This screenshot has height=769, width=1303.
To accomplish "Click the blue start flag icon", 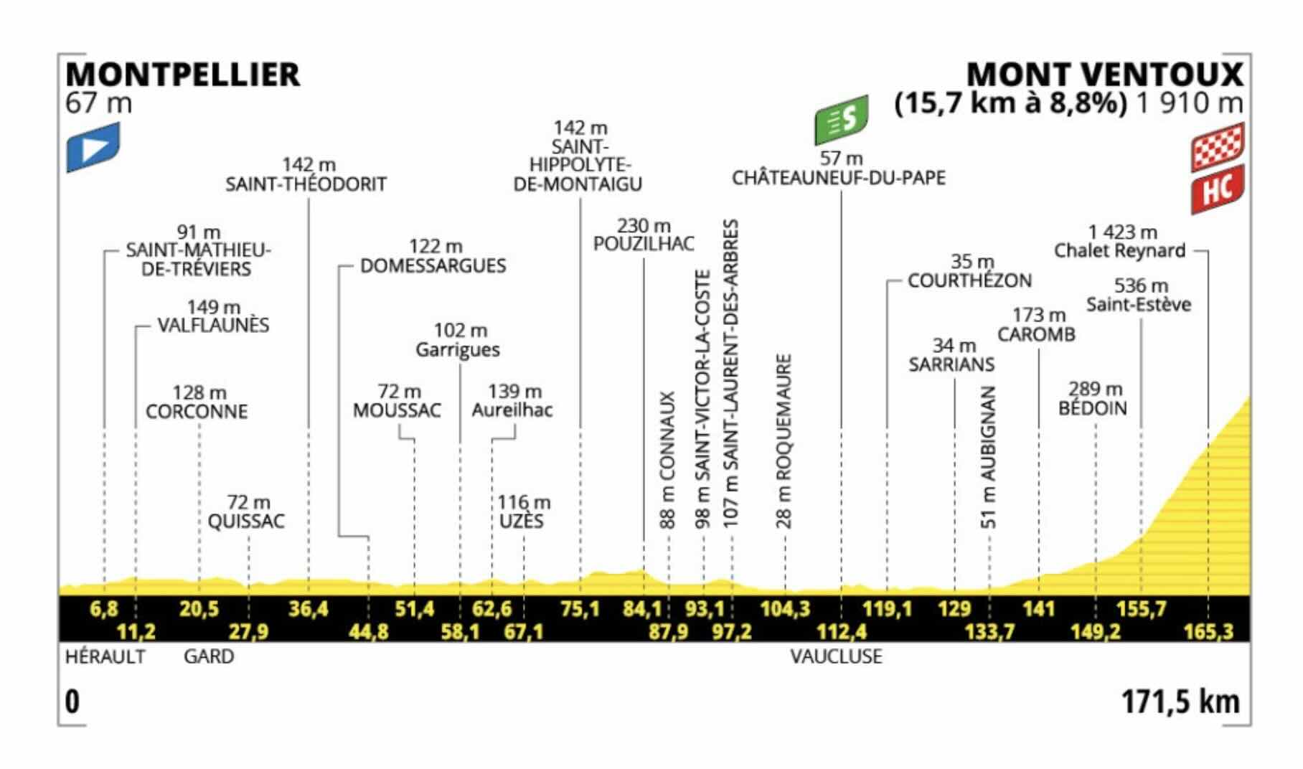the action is (93, 147).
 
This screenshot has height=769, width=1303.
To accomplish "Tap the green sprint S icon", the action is (841, 119).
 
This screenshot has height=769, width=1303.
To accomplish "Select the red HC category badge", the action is (1218, 189).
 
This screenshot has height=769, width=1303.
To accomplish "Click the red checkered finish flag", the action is (1218, 147).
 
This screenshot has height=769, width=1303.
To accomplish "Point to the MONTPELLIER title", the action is (182, 75).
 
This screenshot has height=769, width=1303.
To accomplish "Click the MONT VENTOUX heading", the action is (1105, 75).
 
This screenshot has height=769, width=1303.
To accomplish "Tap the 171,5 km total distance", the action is (1180, 702).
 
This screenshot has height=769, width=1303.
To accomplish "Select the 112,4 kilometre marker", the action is (841, 632).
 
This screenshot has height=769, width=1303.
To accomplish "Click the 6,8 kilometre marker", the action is (104, 609).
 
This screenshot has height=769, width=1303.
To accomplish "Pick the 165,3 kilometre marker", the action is (1208, 632).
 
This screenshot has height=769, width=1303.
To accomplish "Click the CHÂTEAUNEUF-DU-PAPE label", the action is (838, 178).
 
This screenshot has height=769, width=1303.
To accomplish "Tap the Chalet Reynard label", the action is (1119, 250).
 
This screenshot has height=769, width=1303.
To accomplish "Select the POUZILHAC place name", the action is (644, 244).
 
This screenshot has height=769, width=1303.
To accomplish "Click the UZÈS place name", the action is (521, 521).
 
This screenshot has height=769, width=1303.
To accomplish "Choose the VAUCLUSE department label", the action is (836, 656).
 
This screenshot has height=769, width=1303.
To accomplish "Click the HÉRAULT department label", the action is (105, 656).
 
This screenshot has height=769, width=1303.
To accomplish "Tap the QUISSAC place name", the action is (246, 521).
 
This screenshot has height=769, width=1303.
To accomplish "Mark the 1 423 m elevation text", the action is (1122, 232).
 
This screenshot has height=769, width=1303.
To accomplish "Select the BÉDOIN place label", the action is (1093, 408).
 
